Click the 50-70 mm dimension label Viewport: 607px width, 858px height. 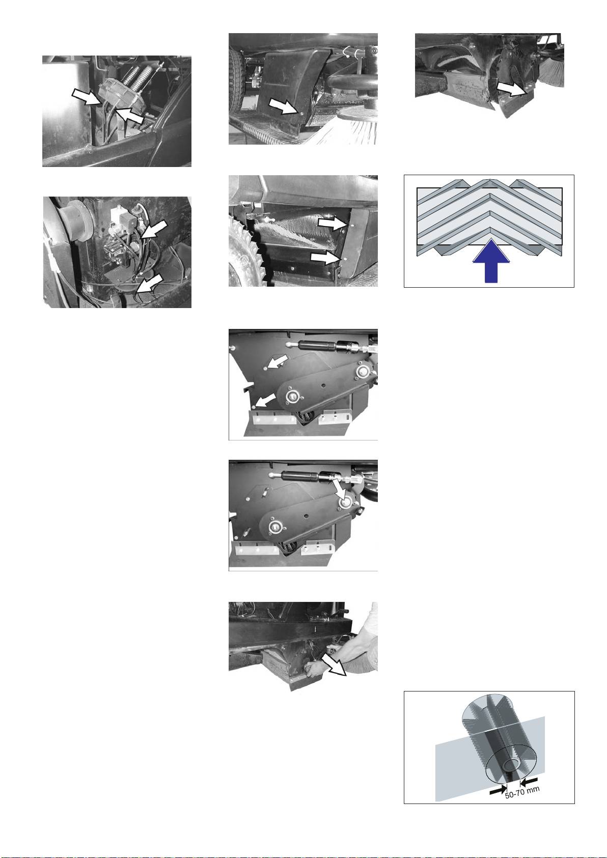point(522,792)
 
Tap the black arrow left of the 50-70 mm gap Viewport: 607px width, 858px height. point(498,790)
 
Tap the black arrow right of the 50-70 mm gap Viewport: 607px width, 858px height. point(529,780)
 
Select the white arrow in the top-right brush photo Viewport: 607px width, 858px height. point(511,88)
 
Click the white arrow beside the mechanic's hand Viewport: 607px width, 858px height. point(334,666)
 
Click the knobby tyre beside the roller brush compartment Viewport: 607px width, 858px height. point(245,253)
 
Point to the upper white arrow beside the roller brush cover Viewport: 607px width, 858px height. point(333,224)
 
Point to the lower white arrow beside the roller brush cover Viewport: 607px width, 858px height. point(325,258)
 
